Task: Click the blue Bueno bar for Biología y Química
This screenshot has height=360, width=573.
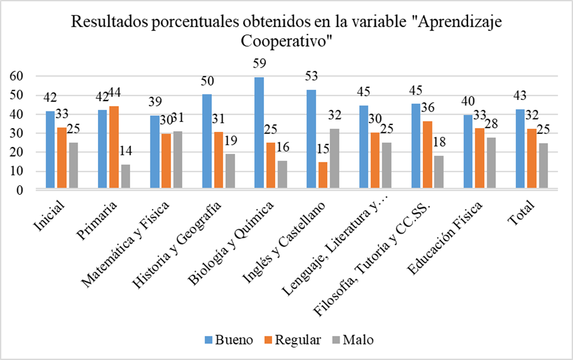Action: tap(259, 133)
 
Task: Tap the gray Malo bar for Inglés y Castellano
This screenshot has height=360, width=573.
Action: tap(334, 159)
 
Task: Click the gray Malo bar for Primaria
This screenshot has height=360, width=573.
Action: tap(125, 177)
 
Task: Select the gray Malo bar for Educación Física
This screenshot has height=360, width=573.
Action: tap(491, 164)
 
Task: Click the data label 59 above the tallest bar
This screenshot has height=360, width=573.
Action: tap(259, 64)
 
